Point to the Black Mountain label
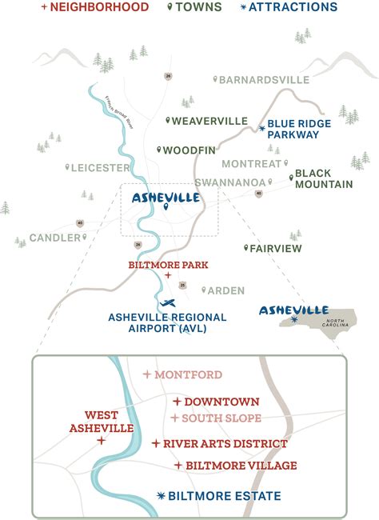324,178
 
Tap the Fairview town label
275,249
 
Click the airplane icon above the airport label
167,302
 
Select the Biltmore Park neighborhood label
167,262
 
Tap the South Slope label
221,418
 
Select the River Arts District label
225,443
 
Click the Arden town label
227,290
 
